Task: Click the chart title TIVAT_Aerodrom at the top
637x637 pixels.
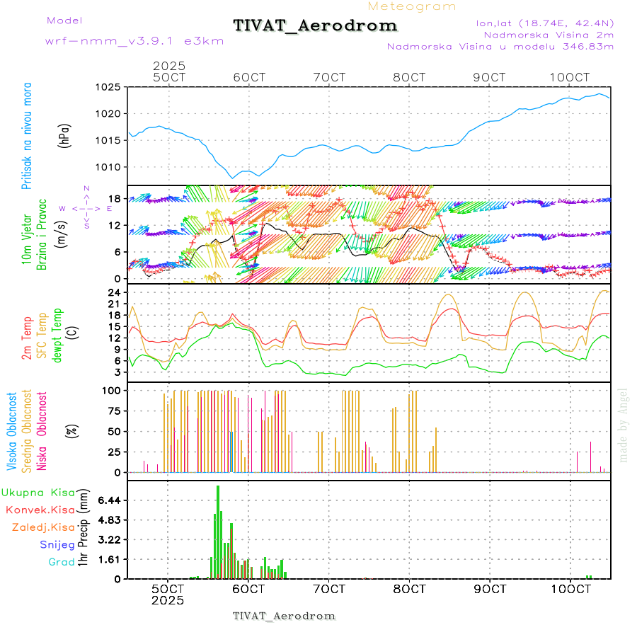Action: point(315,26)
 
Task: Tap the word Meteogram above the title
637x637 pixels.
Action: point(412,6)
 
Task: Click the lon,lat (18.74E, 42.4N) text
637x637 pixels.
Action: point(545,23)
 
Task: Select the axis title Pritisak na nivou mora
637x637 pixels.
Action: point(27,136)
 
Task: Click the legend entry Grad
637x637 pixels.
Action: point(62,562)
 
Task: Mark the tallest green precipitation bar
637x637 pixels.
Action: point(218,531)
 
